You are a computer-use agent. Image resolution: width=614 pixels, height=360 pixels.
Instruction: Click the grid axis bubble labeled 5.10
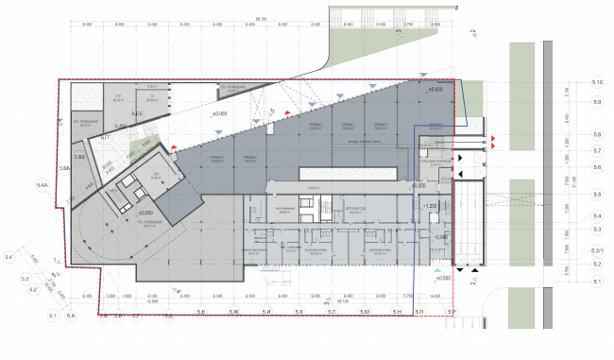597,82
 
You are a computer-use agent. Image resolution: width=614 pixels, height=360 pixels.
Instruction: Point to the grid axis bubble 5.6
597,166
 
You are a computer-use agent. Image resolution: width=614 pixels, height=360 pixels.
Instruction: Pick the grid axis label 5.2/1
597,250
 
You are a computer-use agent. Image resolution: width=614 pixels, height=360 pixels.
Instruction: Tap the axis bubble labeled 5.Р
452,312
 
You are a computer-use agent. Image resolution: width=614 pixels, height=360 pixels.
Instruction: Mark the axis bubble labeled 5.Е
201,312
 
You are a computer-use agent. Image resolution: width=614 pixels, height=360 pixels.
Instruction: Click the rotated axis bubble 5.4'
9,256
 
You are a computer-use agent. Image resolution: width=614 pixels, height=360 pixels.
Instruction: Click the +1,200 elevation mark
431,206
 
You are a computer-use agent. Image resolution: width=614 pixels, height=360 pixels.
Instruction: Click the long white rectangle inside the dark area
347,174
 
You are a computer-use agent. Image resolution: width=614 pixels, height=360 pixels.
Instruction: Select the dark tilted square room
179,200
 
